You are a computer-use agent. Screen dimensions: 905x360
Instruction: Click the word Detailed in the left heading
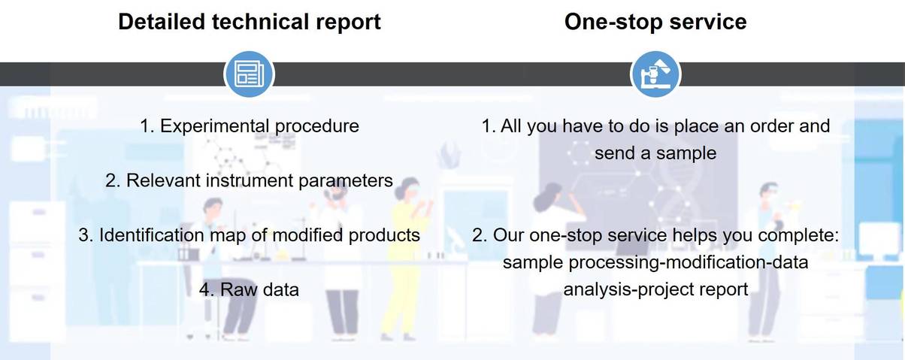[162, 21]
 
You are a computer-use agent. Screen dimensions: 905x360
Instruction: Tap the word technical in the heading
[261, 21]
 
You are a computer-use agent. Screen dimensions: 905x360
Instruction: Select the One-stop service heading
[655, 21]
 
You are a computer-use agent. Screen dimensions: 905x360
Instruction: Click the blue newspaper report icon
[250, 74]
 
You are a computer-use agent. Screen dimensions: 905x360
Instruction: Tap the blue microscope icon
[655, 74]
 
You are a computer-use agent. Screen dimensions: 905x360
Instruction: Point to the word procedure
[316, 127]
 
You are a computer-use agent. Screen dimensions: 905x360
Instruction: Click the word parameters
[346, 181]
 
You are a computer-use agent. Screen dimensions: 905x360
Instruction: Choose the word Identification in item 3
[152, 235]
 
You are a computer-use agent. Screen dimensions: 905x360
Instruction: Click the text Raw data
[260, 289]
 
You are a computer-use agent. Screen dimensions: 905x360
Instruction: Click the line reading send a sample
[655, 153]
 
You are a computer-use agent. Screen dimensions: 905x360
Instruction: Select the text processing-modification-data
[689, 262]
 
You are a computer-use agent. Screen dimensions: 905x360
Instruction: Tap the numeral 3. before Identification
[86, 235]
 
